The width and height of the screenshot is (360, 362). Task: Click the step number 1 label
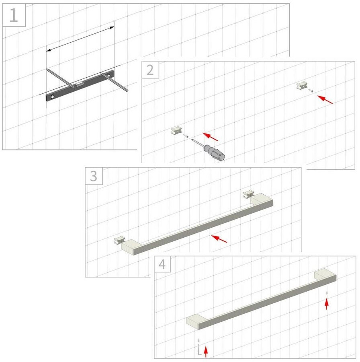coord(14,15)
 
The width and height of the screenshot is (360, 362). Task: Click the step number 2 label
coord(150,70)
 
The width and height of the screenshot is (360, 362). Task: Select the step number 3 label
coord(93,176)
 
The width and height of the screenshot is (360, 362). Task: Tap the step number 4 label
coord(162,264)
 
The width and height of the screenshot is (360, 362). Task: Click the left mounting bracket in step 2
coord(176,131)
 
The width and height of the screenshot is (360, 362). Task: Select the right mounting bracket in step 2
coord(302,86)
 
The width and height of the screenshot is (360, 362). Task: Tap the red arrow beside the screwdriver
coord(210,137)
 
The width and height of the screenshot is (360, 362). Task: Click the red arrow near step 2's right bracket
coord(325,99)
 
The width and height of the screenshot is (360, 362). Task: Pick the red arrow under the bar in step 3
coord(219,239)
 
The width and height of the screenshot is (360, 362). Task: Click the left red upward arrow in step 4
coord(206,352)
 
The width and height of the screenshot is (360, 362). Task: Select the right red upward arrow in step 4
coord(327,304)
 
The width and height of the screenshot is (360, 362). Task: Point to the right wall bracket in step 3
coord(249,194)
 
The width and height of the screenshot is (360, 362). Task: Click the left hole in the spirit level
coord(53,97)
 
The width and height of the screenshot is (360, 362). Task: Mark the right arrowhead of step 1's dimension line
coord(112,28)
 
